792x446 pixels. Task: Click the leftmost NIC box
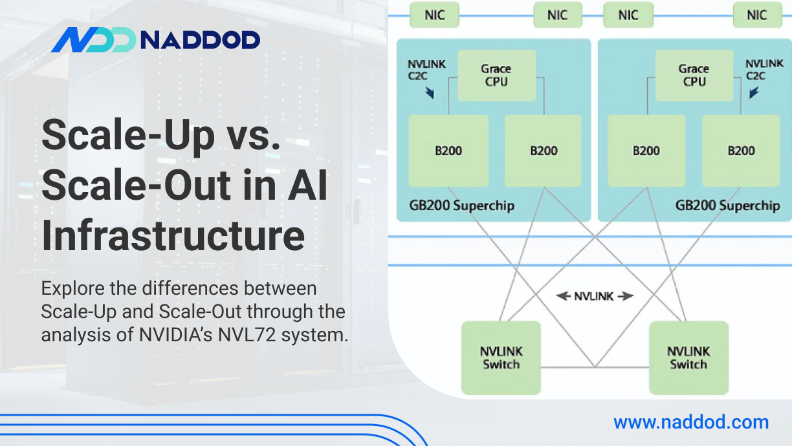tap(435, 15)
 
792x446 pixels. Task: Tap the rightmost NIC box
tap(756, 15)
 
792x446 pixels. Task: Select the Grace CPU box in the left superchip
tap(496, 76)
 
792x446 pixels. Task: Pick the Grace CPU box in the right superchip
tap(694, 76)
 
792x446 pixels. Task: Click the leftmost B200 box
tap(448, 151)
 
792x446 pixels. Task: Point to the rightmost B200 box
tap(741, 151)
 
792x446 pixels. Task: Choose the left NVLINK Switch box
tap(501, 357)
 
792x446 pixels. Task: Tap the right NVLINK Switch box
tap(688, 357)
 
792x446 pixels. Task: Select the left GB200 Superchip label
tap(462, 206)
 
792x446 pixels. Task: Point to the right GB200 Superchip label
tap(727, 206)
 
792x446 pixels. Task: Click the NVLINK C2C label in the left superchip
tap(426, 70)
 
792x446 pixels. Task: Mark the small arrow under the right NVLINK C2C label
tap(753, 92)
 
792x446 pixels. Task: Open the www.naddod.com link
tap(691, 423)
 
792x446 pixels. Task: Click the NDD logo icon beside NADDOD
tap(93, 40)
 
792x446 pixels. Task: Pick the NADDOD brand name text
tap(200, 40)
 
